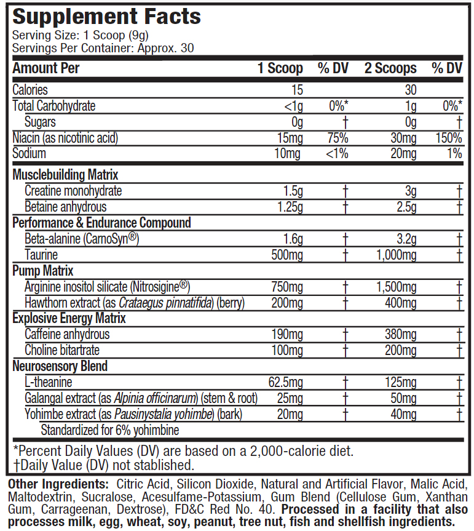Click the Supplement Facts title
(107, 16)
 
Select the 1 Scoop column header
(280, 68)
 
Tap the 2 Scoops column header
(390, 68)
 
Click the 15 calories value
(297, 90)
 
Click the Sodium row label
(29, 154)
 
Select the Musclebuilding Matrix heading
(65, 175)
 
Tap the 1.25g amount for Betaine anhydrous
(289, 207)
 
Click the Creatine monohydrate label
(73, 191)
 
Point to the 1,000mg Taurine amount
(396, 255)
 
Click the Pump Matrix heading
(43, 271)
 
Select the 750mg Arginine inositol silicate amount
(287, 287)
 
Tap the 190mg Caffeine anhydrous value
(287, 334)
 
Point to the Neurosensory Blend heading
(60, 366)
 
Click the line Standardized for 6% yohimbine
(109, 429)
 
